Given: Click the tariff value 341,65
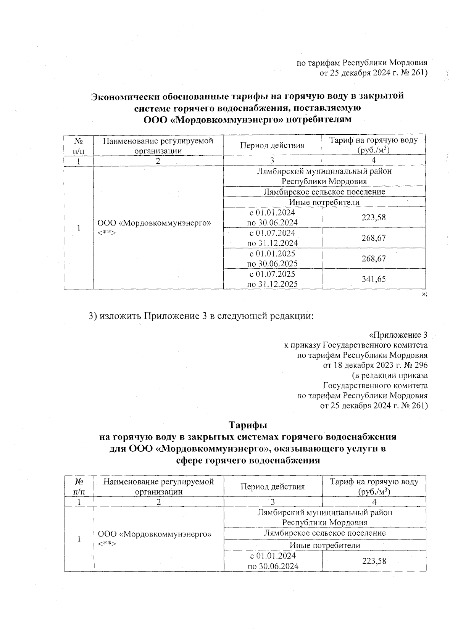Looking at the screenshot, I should (x=374, y=279).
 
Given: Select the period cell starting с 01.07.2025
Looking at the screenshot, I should (x=273, y=279).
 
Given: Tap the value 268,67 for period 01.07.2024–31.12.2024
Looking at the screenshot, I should (x=374, y=238).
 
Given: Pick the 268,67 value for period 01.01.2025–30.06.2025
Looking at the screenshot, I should (x=374, y=258).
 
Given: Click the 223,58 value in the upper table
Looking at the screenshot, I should (x=374, y=217).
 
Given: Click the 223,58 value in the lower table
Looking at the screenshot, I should (x=374, y=561).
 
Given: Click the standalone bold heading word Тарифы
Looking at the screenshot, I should (x=247, y=425).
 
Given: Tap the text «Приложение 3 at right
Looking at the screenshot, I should (x=398, y=335).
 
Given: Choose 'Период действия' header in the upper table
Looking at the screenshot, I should (x=272, y=145).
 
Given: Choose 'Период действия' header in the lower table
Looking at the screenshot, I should (x=273, y=486).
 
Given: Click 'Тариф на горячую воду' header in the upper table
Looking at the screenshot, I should (x=374, y=140).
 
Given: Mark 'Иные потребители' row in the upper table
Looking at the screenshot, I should (x=324, y=202).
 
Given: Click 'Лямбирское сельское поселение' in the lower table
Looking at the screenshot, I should (x=325, y=533).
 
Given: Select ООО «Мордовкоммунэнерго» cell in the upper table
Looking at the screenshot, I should (x=154, y=222).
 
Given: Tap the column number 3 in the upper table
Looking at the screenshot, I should (x=272, y=160).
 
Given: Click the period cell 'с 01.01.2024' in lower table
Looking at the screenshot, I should (x=273, y=556).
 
